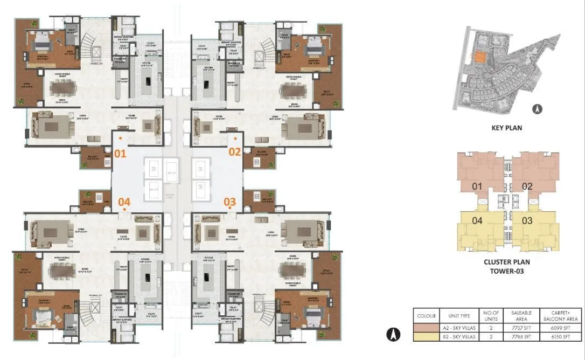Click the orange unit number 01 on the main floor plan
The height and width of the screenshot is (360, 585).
tap(120, 153)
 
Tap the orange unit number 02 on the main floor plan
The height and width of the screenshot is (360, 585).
tap(234, 152)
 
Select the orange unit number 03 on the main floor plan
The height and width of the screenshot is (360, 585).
tap(230, 202)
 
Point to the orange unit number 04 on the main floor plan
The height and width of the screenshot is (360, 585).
tap(124, 202)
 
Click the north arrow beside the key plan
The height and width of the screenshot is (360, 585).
tap(537, 109)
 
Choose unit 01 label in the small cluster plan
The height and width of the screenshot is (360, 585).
tap(476, 186)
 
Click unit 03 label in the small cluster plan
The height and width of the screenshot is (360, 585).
tap(527, 220)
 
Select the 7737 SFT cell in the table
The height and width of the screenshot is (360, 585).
tap(521, 327)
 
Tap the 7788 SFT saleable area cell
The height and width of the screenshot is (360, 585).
tap(521, 336)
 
